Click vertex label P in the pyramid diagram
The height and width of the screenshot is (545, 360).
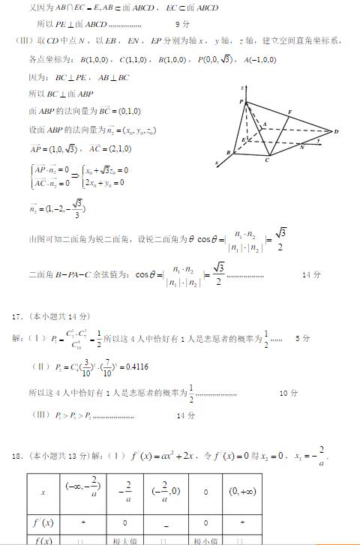point(241,101)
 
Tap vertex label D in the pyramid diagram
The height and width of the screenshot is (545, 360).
point(337,132)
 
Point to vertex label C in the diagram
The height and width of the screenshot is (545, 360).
point(268,160)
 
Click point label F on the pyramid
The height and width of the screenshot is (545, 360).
point(289,112)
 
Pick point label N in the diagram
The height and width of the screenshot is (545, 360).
point(301,147)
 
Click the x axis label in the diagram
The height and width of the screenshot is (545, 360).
point(217,162)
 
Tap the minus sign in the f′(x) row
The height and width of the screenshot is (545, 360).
point(163,523)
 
